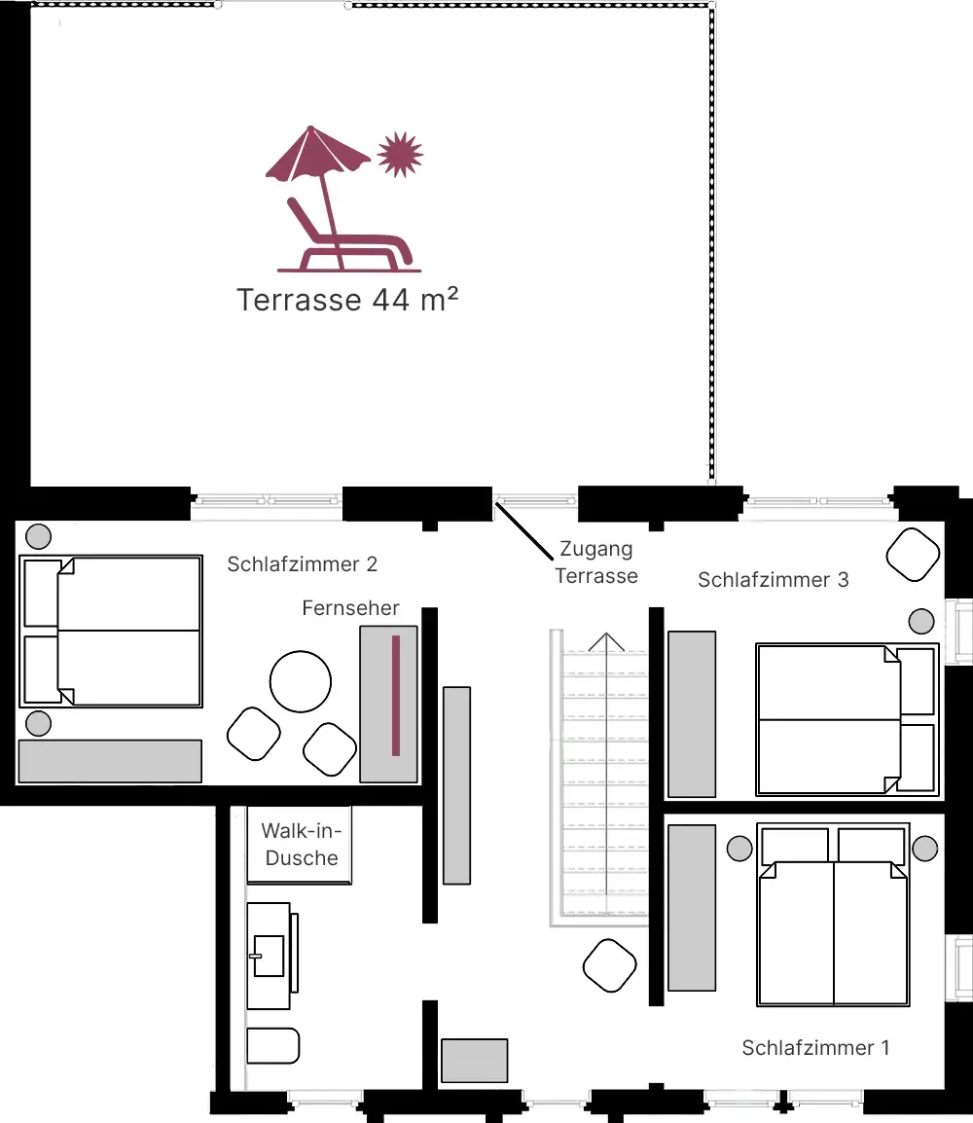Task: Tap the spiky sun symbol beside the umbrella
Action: pos(400,154)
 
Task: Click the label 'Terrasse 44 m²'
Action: pos(347,300)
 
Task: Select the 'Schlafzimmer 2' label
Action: pos(302,563)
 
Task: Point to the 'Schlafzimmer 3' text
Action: pos(773,580)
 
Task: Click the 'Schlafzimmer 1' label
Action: pos(815,1048)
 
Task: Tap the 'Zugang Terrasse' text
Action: pos(595,562)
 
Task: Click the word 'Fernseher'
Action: pos(350,608)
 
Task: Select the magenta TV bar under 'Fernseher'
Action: pos(395,695)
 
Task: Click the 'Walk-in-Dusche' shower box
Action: pos(300,845)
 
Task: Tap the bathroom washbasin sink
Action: pos(269,954)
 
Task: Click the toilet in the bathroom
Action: pos(272,1046)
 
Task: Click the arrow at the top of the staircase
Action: pos(605,642)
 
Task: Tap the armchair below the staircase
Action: pos(610,964)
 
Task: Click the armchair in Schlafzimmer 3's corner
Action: pos(913,555)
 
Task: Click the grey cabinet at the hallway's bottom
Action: pos(474,1061)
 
